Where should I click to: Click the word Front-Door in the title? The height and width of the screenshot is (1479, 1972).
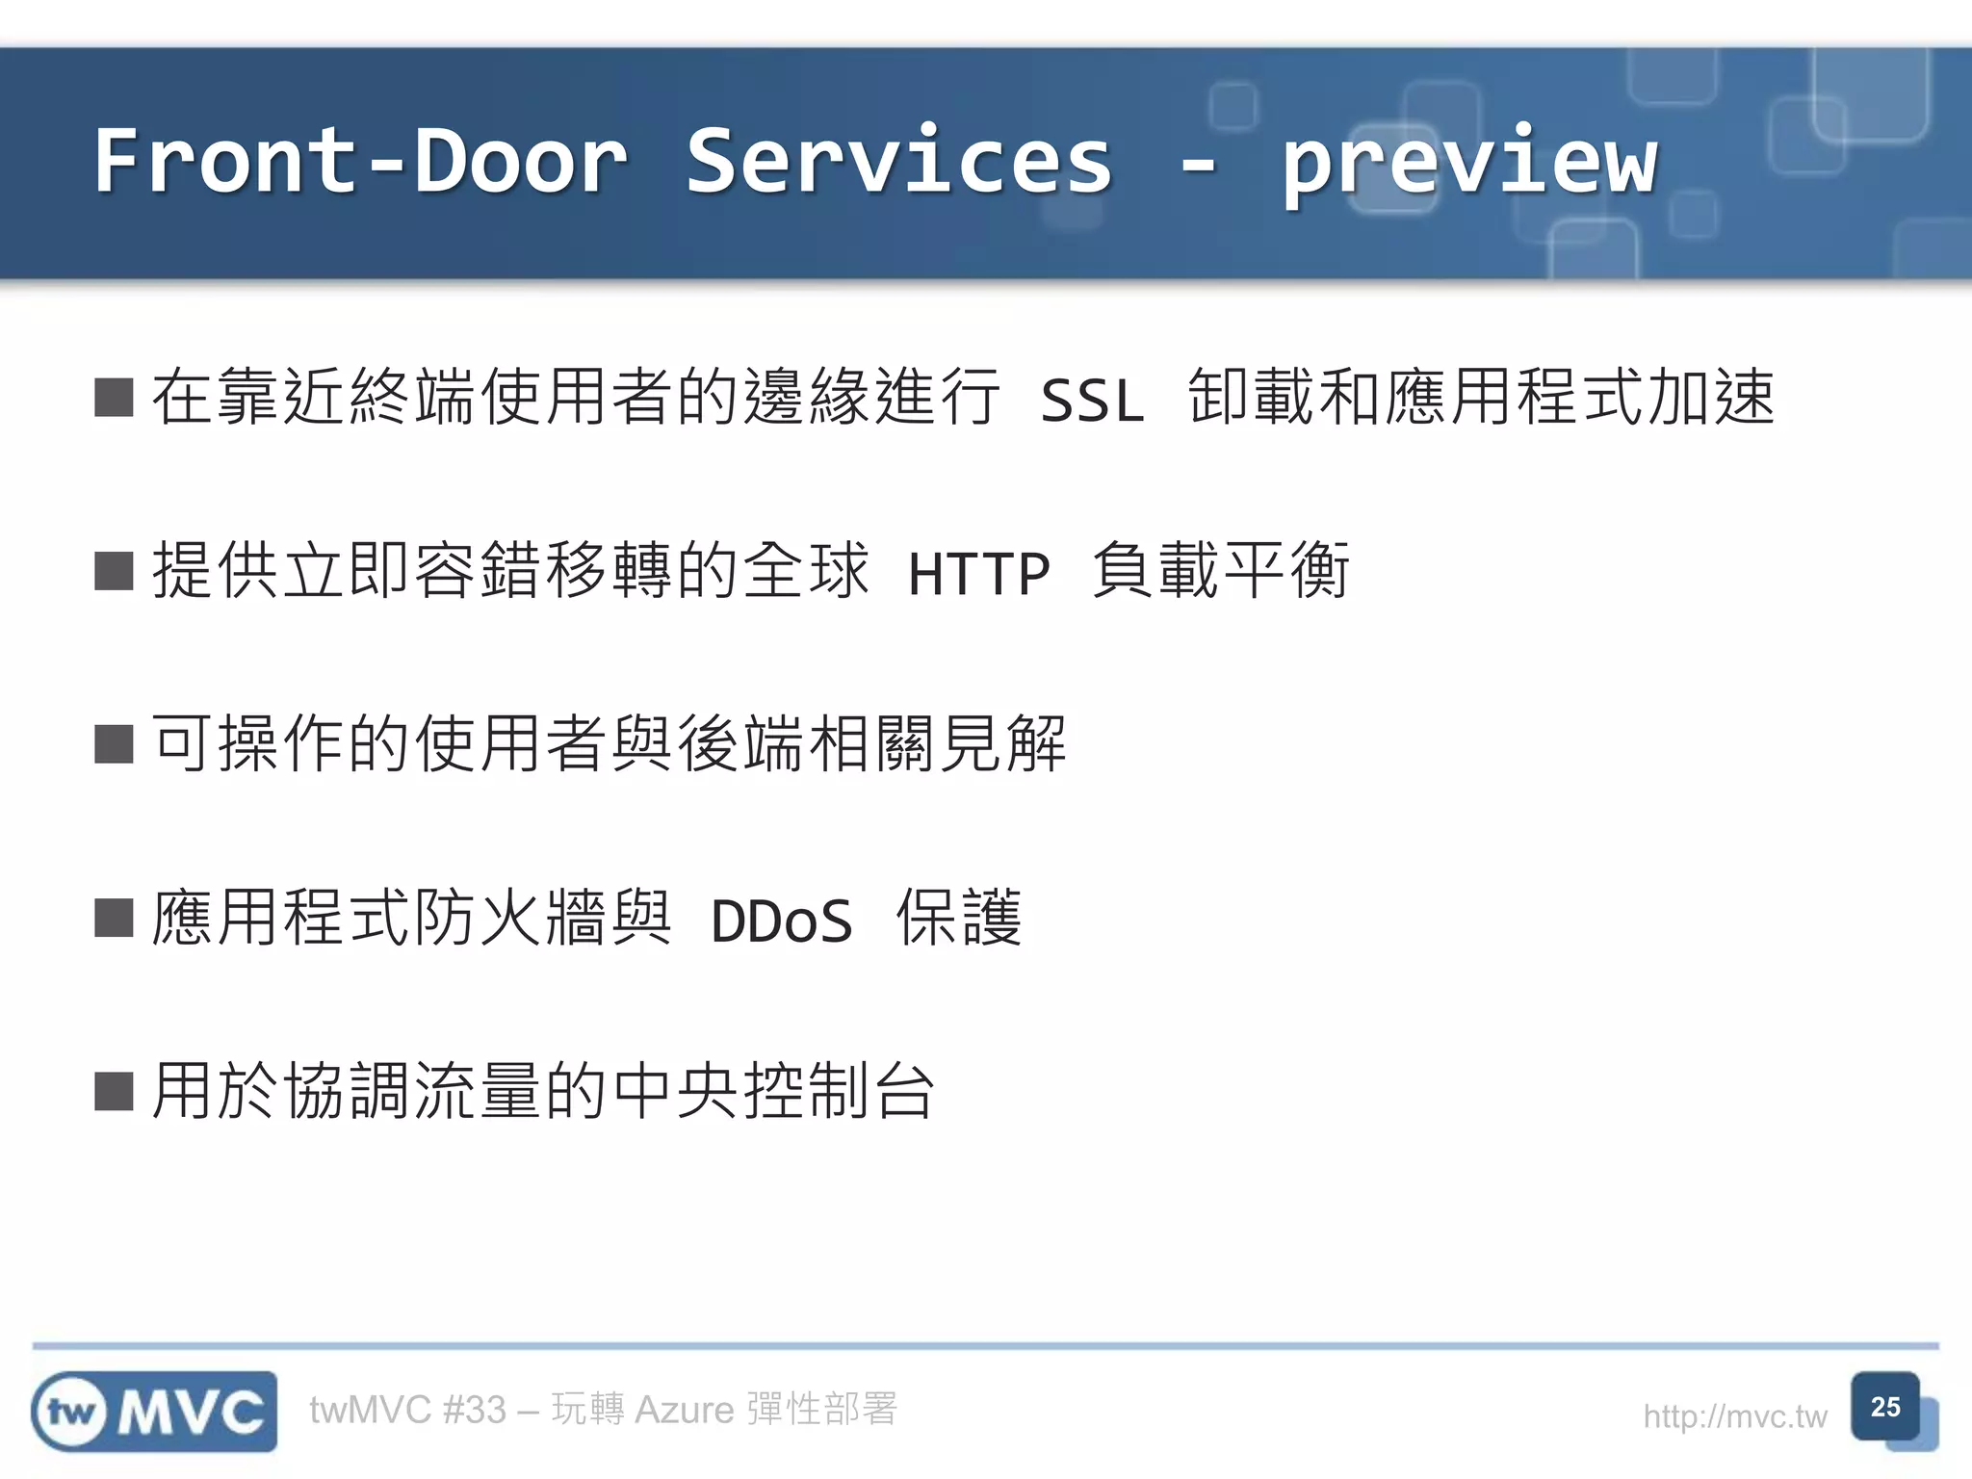[x=360, y=161]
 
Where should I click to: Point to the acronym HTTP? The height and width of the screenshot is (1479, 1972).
[x=978, y=574]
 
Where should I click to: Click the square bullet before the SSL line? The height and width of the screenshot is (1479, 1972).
[x=114, y=398]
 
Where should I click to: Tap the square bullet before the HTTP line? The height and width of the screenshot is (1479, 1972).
[x=114, y=571]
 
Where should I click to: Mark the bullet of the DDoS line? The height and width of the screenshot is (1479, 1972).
[x=114, y=918]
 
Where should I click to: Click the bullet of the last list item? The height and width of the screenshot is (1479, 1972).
[x=114, y=1092]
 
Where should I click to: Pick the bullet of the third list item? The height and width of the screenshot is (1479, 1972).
[x=114, y=744]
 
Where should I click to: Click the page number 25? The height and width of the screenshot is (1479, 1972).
[x=1884, y=1407]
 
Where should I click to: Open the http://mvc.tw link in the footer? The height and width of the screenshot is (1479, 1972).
[x=1734, y=1416]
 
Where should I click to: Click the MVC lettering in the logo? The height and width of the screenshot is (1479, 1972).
[x=191, y=1413]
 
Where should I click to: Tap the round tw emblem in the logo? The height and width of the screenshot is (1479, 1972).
[x=72, y=1413]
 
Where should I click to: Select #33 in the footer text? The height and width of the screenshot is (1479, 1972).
[x=474, y=1410]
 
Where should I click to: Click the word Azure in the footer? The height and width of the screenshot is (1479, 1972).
[x=685, y=1410]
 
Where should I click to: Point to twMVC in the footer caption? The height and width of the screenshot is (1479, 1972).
[x=370, y=1410]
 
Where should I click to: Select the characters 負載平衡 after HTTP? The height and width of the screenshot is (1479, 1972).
[x=1221, y=571]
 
